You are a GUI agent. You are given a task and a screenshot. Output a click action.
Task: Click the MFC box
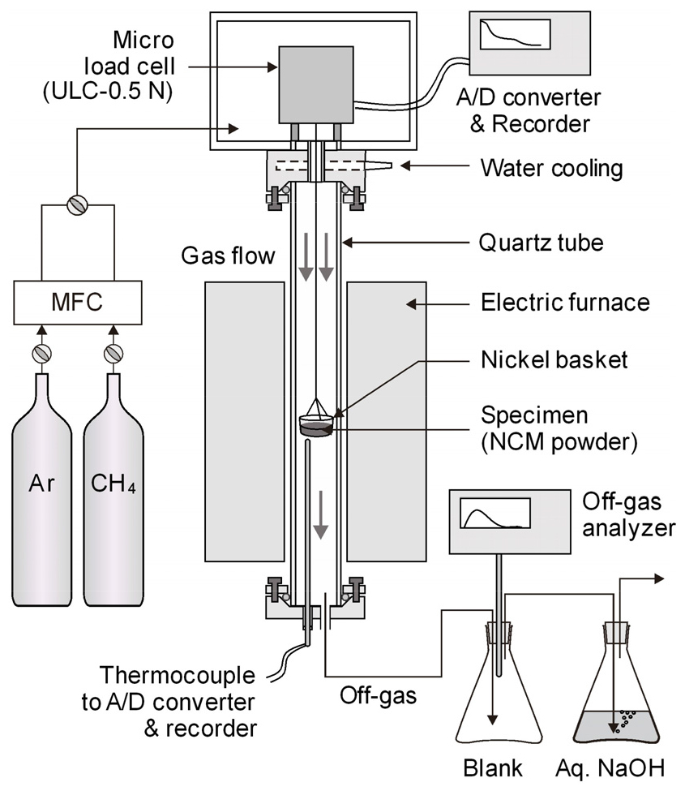pos(78,302)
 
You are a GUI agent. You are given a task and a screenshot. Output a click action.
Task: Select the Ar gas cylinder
pos(42,489)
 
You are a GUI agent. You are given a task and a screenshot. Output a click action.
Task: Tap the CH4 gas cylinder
pos(113,489)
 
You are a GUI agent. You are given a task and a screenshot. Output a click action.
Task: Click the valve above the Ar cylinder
pos(42,353)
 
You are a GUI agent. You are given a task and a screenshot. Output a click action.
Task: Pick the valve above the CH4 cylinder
pos(113,353)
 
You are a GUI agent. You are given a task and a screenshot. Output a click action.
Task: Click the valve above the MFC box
pos(78,205)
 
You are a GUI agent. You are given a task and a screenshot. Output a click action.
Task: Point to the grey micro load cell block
pos(316,84)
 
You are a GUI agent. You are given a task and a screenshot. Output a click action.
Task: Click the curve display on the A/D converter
pos(515,34)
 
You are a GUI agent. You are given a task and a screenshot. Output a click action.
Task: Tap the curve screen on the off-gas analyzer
pos(495,513)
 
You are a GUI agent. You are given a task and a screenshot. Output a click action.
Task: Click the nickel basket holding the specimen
pos(316,419)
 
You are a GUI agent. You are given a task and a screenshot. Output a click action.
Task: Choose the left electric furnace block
pos(245,422)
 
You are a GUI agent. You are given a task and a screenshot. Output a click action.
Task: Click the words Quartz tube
pos(541,243)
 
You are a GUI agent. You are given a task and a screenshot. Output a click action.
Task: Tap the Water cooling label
pos(551,168)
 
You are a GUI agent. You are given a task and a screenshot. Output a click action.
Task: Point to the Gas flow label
pos(228,256)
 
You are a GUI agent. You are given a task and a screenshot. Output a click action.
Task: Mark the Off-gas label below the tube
pos(378,696)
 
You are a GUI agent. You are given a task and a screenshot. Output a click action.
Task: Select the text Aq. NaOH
pos(610,768)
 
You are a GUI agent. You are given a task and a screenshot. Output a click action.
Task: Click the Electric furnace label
pos(565,302)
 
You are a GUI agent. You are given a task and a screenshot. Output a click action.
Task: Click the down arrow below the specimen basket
pos(320,514)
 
